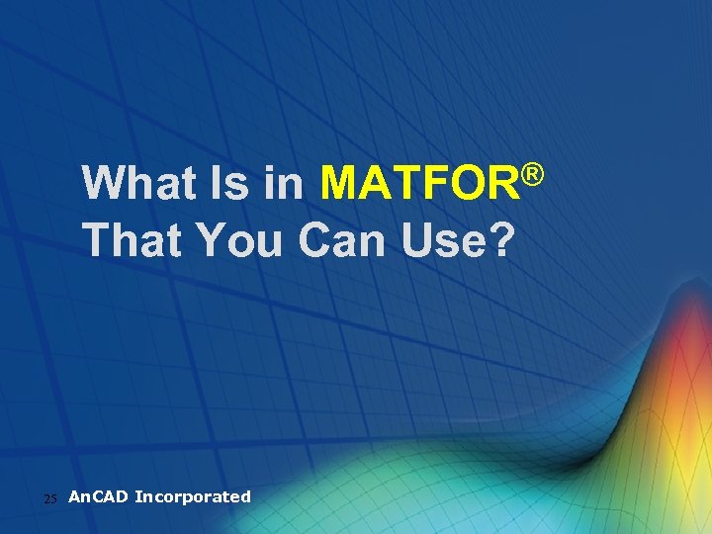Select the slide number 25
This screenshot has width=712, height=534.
[51, 498]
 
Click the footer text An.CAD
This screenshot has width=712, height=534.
[98, 496]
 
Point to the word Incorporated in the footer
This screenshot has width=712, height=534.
[193, 496]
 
